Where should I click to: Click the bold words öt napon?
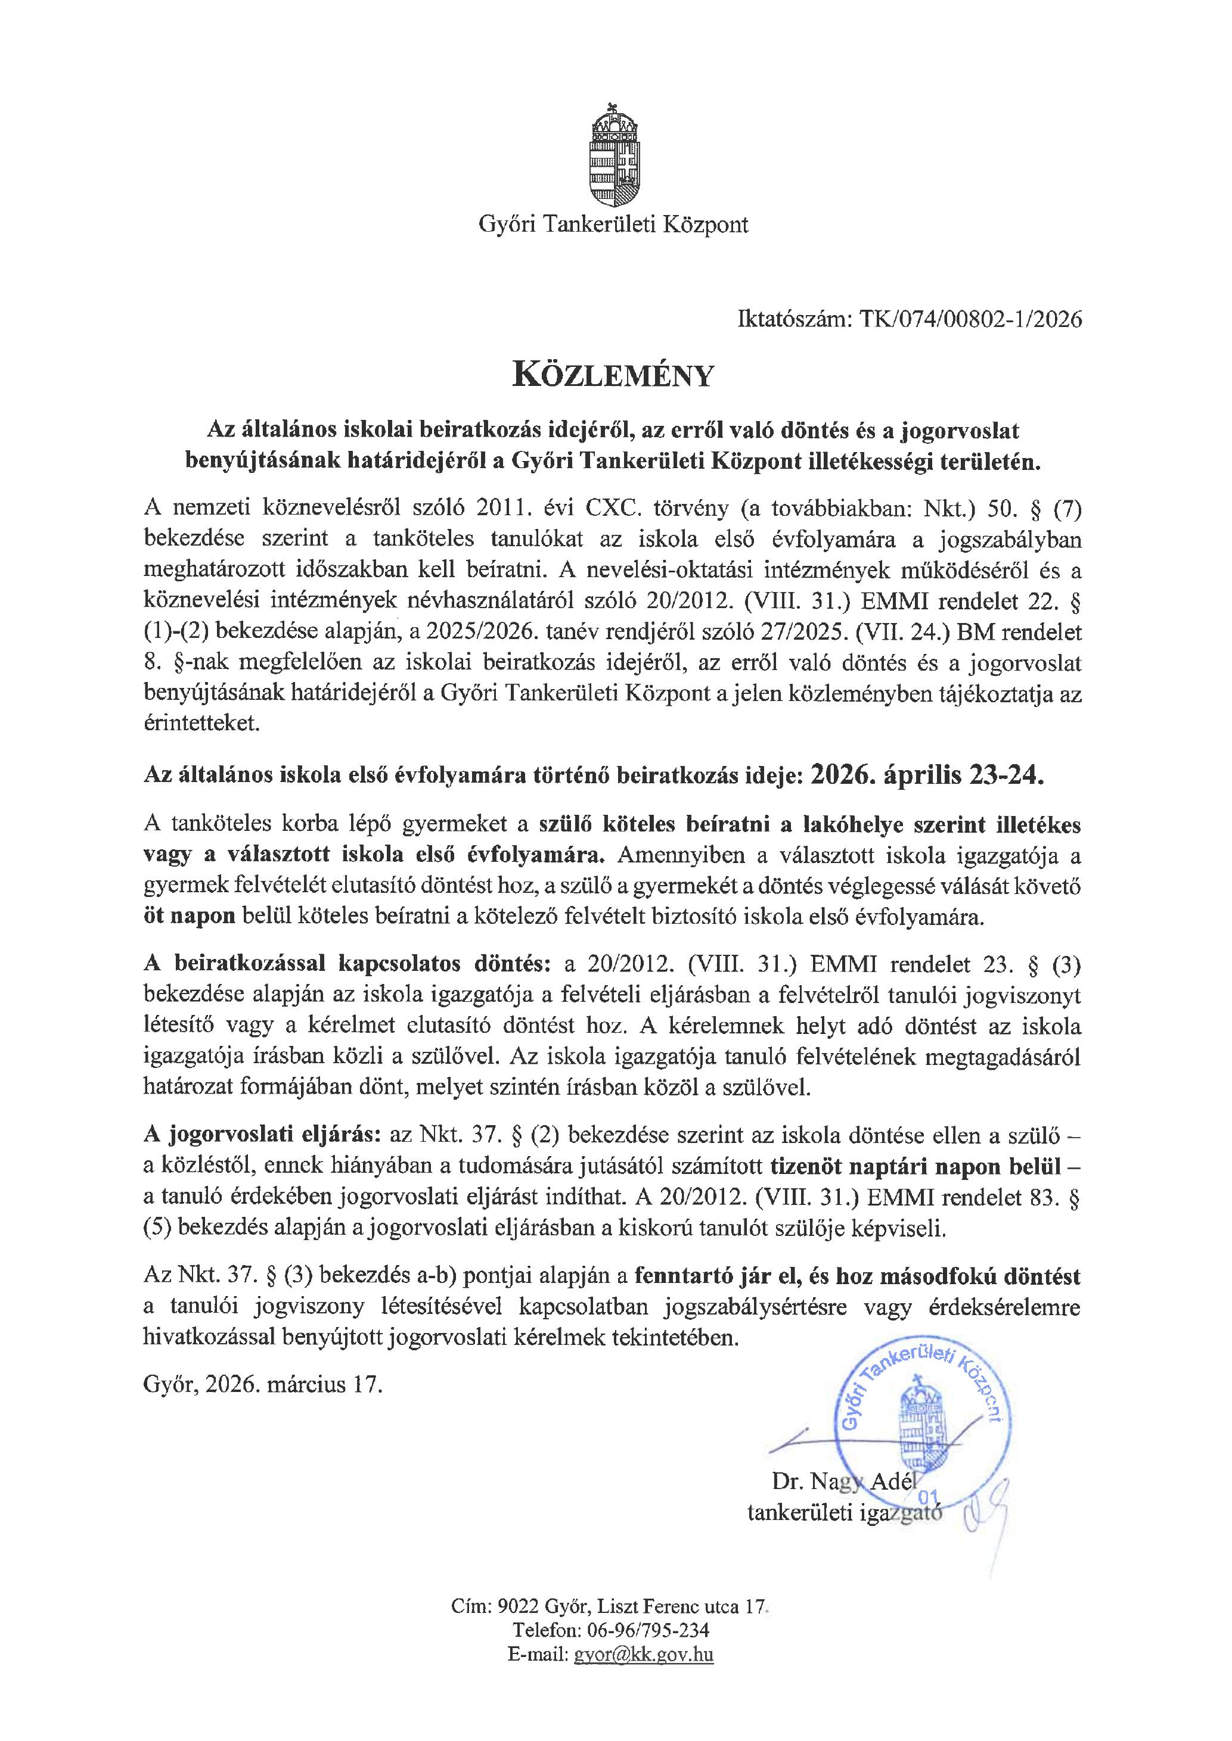[x=189, y=917]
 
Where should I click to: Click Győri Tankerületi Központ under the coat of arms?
[x=613, y=225]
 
